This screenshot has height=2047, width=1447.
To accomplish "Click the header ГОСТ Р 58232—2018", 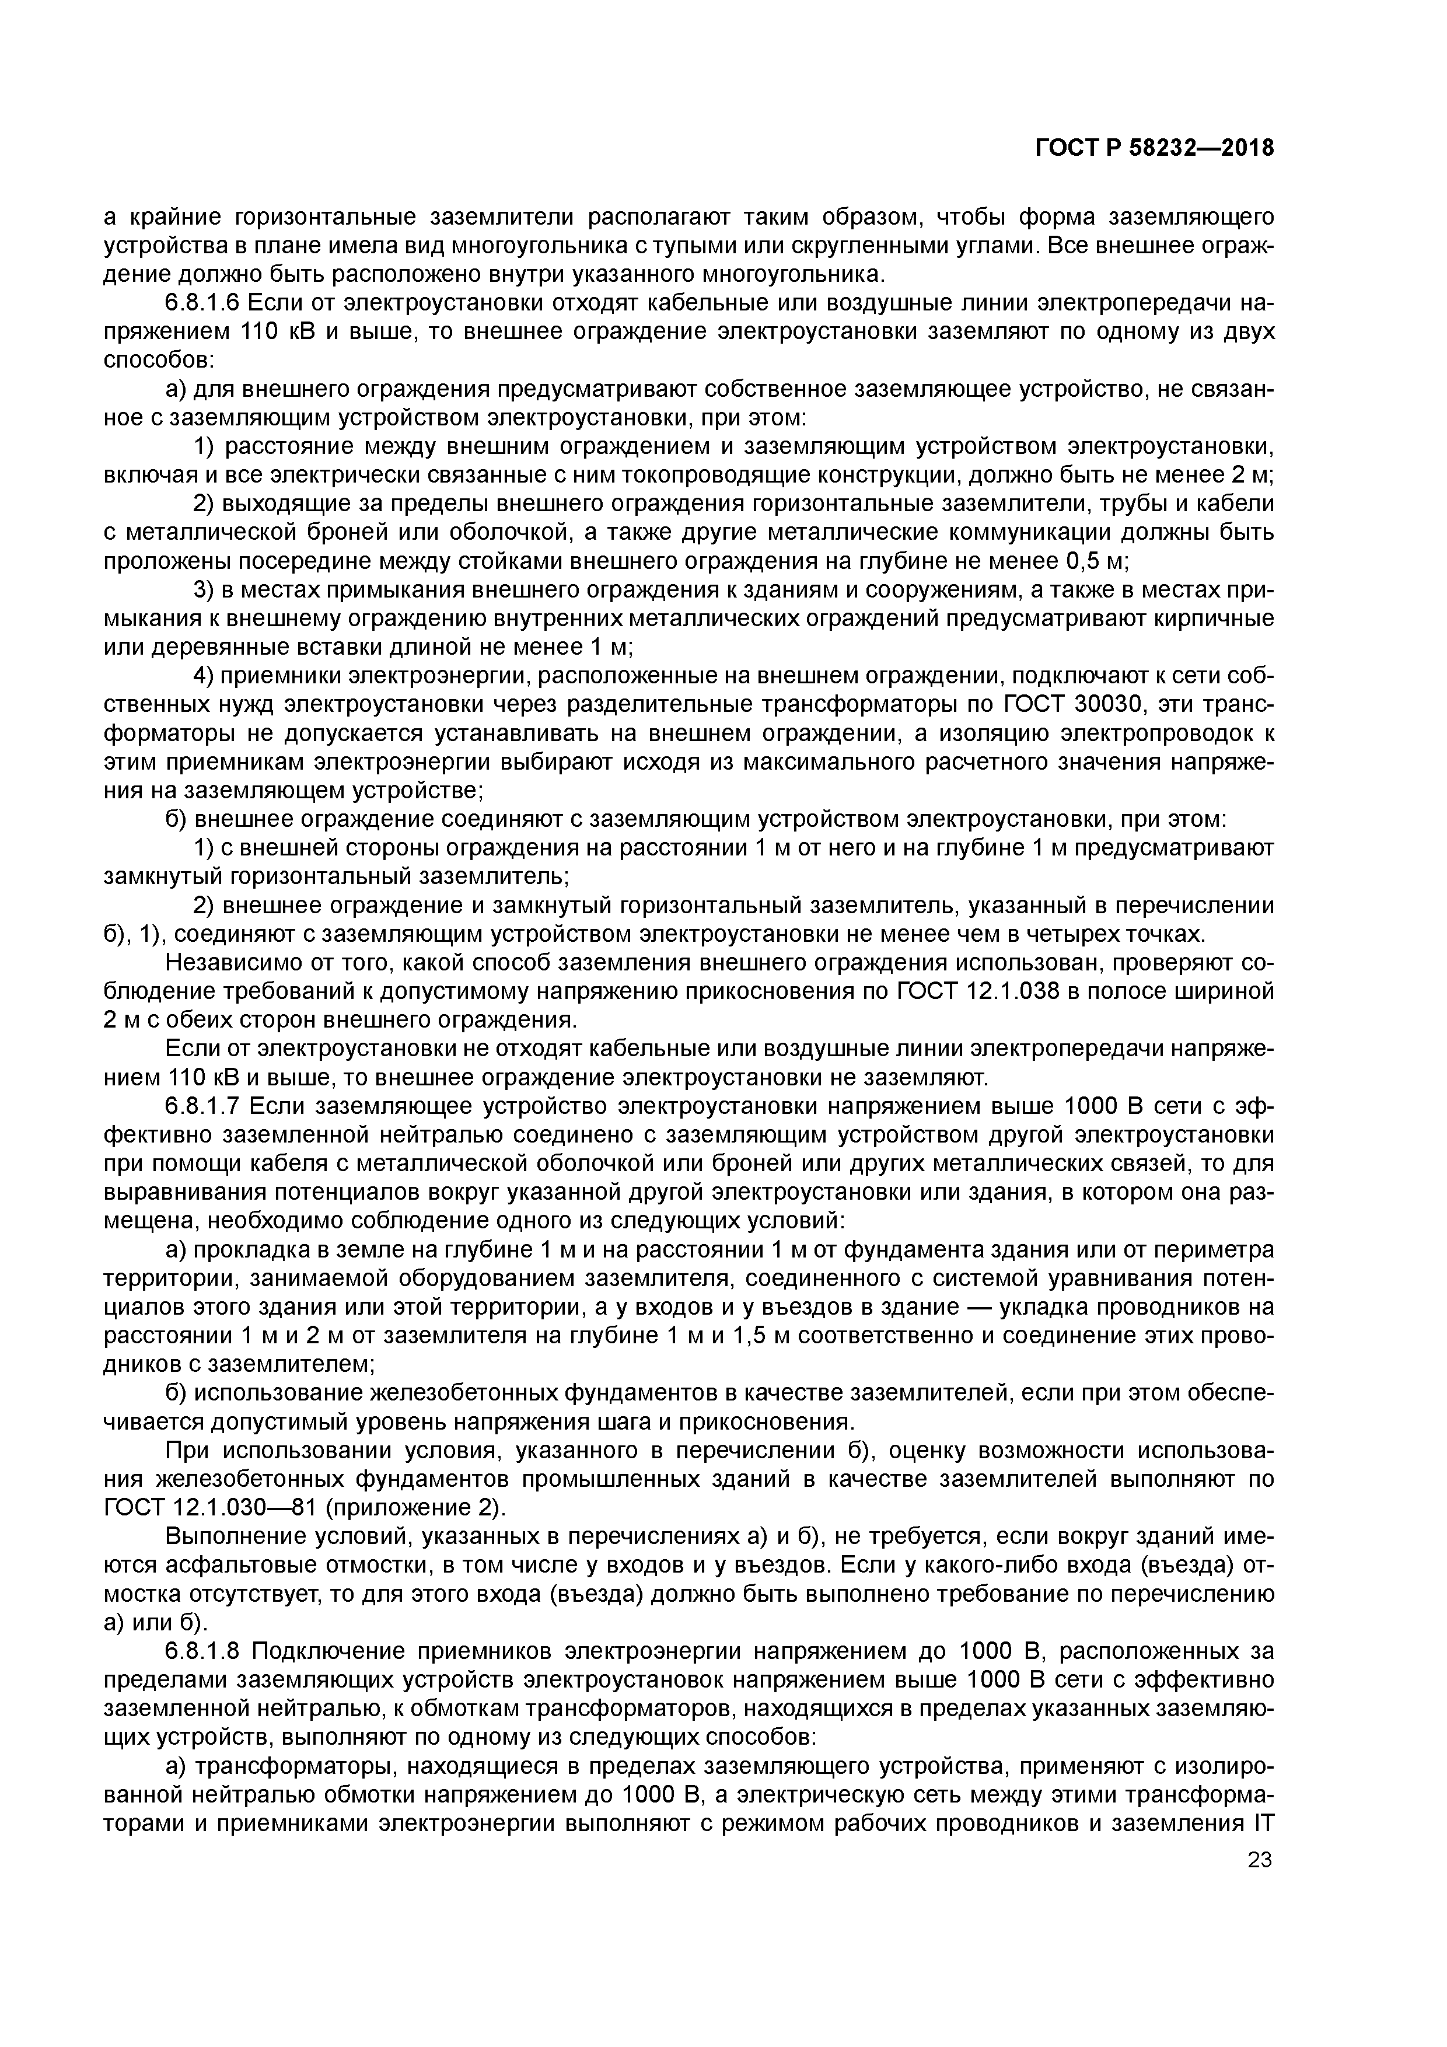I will [1154, 148].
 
